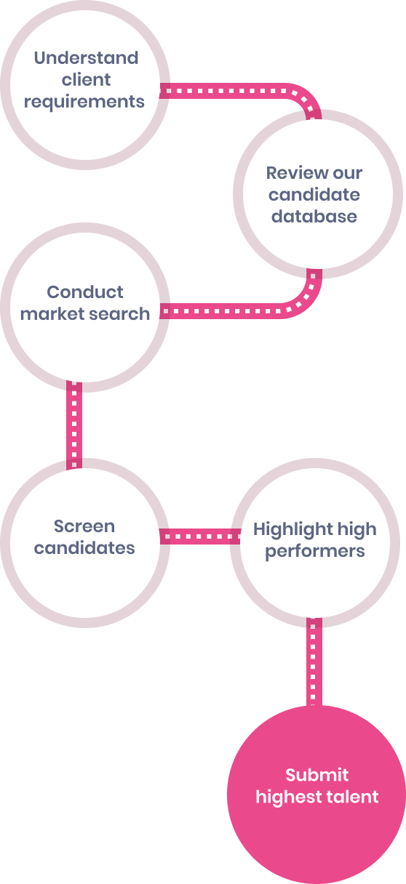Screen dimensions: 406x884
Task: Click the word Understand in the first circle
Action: tap(86, 58)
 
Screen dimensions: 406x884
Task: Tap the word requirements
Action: tap(84, 102)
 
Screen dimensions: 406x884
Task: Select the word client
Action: tap(86, 80)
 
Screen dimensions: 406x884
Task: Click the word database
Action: tap(314, 216)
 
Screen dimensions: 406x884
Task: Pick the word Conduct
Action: tap(85, 292)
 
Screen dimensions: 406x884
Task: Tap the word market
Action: tap(52, 314)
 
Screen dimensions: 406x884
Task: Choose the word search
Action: tap(119, 314)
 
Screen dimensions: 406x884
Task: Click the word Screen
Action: tap(84, 526)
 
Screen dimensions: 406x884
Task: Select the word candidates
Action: tap(84, 548)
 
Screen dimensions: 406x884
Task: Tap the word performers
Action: tap(315, 551)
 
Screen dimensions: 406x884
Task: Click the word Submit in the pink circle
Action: tap(317, 775)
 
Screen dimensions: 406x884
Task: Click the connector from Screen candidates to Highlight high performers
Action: tap(200, 537)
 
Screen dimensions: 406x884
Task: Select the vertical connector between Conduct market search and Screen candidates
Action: tap(74, 425)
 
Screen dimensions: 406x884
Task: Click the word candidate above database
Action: tap(314, 195)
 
